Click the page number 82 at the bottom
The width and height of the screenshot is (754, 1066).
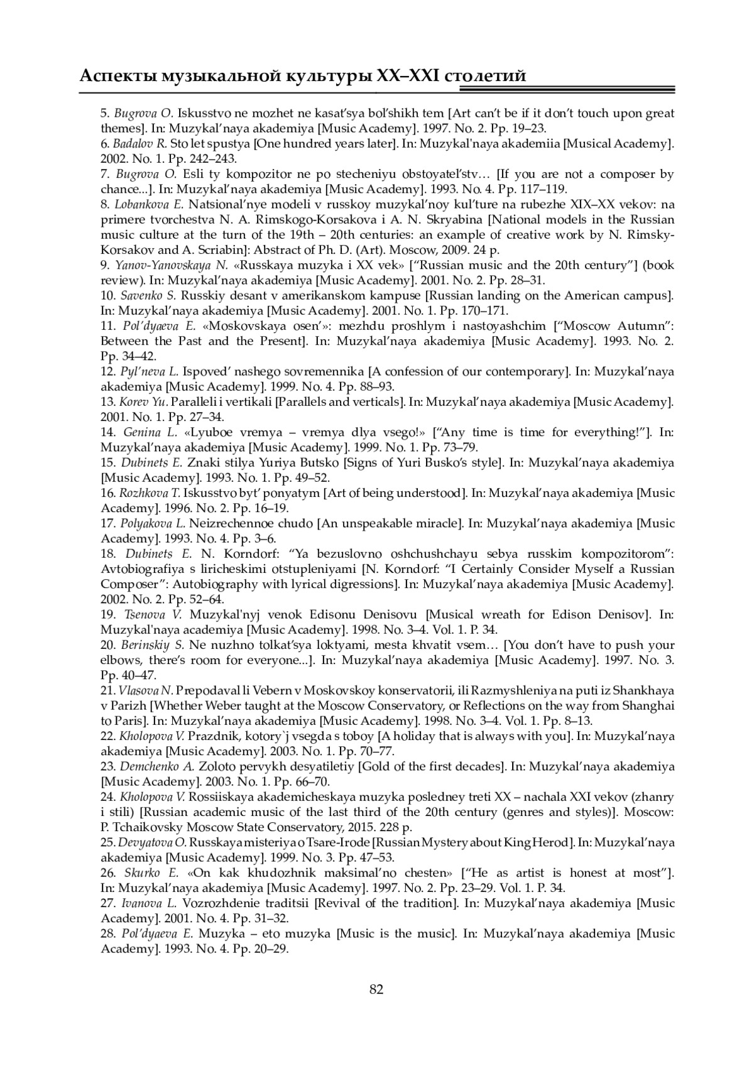click(376, 990)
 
